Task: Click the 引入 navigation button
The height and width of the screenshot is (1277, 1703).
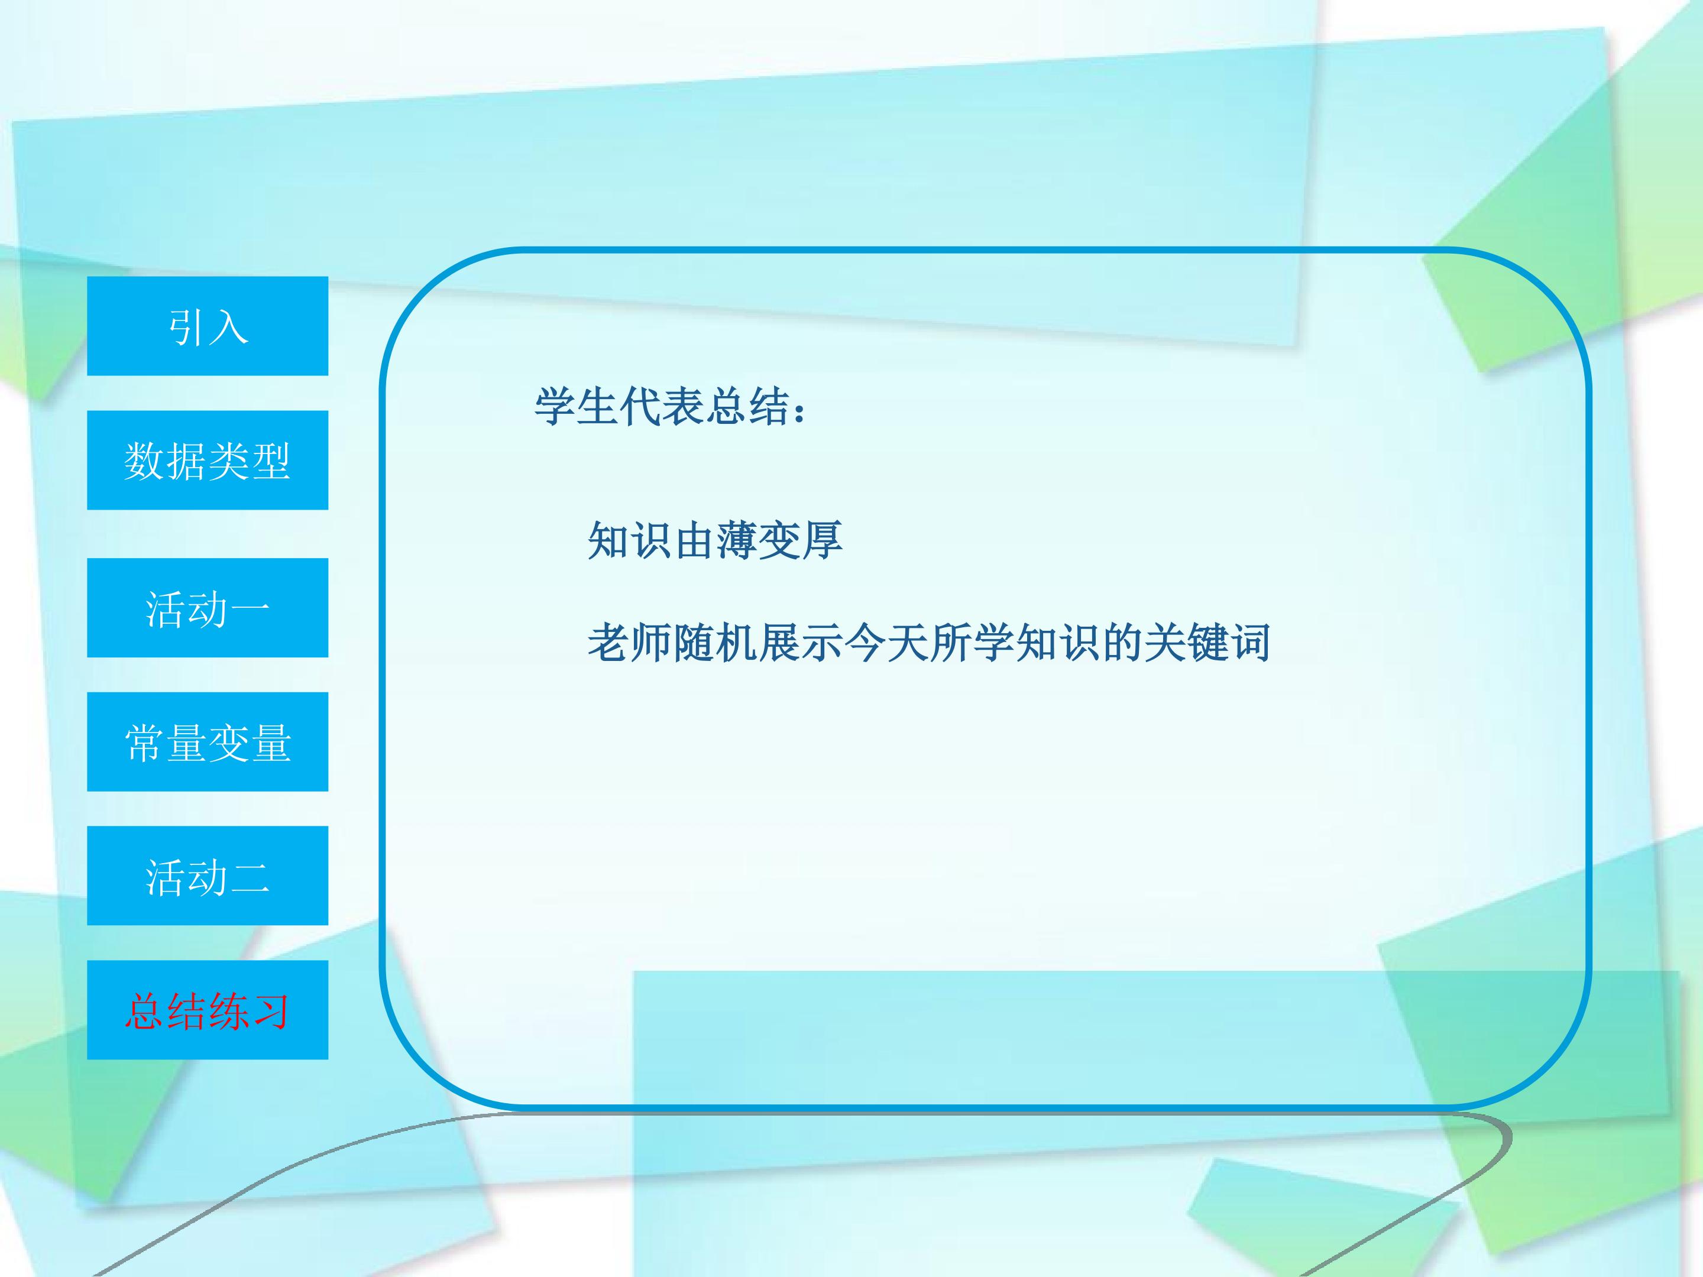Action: coord(207,326)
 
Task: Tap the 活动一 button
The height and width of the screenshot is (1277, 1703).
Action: coord(207,607)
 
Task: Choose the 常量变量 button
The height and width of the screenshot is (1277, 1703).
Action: coord(207,741)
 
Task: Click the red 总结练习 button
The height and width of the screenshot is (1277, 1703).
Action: coord(207,1009)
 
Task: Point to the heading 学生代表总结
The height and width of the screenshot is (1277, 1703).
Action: coord(661,406)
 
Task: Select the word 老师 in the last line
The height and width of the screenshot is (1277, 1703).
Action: coord(630,642)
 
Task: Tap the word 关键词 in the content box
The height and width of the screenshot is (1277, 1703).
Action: coord(1206,642)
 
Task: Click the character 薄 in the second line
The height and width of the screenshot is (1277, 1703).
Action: coord(737,540)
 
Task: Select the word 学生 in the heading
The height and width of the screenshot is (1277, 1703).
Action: coord(577,406)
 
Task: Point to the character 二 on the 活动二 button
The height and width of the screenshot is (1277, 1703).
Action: coord(250,877)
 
